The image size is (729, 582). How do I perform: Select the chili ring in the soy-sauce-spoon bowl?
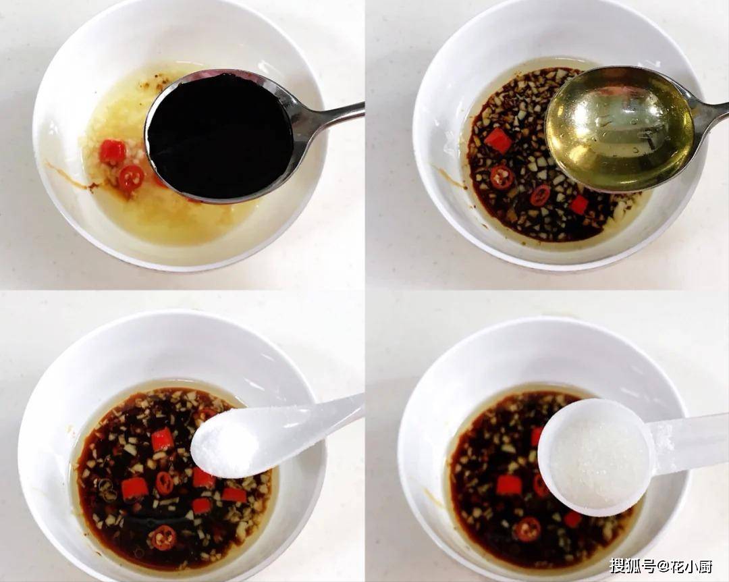(x=131, y=178)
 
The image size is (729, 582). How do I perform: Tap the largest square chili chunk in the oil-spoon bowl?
(x=498, y=140)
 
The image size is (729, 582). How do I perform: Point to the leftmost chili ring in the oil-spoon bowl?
(x=502, y=177)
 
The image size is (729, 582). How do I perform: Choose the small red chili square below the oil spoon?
(x=579, y=204)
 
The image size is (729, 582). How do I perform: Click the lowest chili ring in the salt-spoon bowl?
(x=163, y=537)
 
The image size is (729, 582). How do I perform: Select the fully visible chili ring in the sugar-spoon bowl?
(x=528, y=529)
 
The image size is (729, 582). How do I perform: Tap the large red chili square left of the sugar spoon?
(x=509, y=485)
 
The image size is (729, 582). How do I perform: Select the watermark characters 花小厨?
(x=687, y=566)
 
